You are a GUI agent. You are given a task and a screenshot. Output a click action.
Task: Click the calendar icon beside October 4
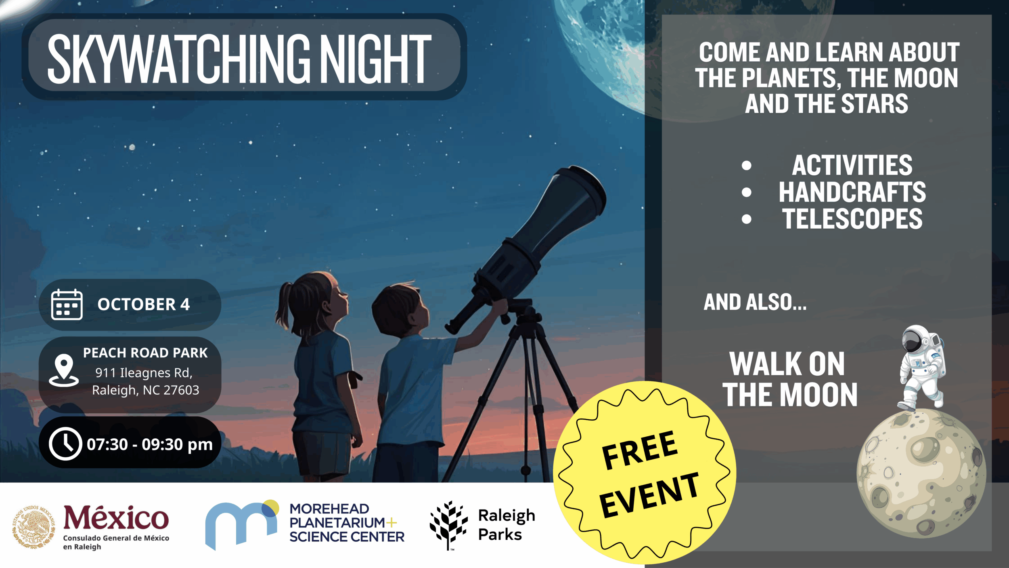(67, 305)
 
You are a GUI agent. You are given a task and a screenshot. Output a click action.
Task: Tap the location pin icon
(64, 370)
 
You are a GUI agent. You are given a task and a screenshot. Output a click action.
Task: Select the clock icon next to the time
(65, 444)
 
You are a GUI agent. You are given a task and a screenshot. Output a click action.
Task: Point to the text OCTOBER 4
(143, 305)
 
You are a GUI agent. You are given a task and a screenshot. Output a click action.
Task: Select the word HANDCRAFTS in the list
(852, 192)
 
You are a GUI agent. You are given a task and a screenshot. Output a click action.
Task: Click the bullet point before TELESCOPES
(747, 219)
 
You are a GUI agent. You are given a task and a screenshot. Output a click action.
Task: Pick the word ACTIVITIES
(852, 165)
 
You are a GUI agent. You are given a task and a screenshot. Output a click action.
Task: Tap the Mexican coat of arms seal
(33, 526)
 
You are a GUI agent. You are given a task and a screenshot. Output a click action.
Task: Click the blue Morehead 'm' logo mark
(241, 524)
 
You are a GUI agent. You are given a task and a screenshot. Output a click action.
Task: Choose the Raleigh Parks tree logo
(448, 524)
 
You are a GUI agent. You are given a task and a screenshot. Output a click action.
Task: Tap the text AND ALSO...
(755, 303)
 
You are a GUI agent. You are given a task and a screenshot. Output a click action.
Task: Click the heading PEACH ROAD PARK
(145, 353)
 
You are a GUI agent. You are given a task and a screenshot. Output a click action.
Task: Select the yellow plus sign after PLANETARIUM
(391, 523)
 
